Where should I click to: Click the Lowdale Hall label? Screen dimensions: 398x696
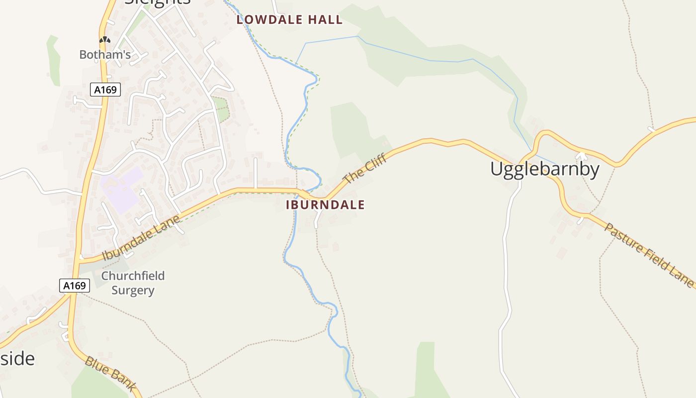[289, 20]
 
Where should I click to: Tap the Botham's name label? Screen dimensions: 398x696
[105, 55]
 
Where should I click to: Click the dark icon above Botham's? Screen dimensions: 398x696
[104, 40]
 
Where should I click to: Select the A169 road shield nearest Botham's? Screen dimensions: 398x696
[105, 90]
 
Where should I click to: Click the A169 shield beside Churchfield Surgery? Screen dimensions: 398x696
[75, 286]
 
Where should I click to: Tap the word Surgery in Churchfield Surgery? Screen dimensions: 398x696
[133, 290]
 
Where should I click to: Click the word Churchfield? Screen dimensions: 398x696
[133, 276]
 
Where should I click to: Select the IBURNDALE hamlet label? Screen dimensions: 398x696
[325, 205]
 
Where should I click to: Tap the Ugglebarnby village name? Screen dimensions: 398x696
[545, 169]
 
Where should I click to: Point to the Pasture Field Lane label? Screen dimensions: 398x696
[648, 255]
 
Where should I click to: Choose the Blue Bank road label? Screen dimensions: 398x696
[110, 374]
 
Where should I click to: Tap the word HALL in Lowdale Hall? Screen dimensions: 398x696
[325, 20]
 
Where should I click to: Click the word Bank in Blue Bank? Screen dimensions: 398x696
[120, 381]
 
